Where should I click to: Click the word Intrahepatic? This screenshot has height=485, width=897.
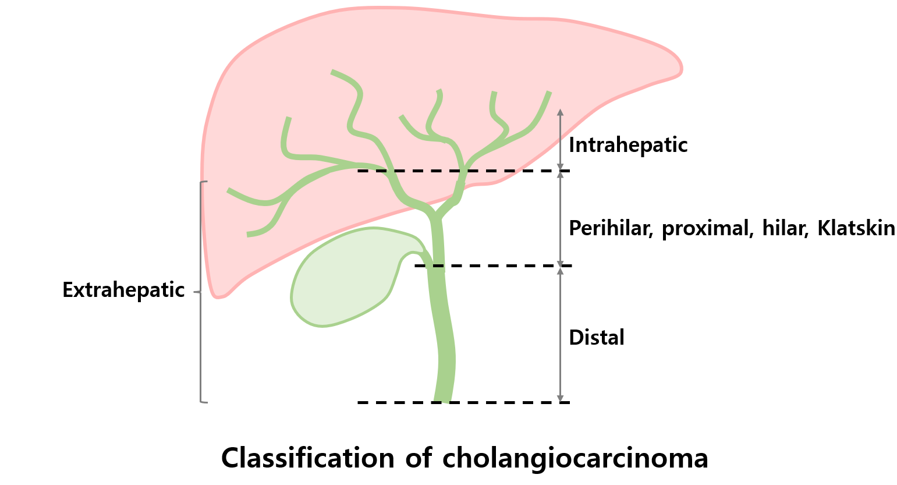click(628, 145)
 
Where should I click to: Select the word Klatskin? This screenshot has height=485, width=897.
click(856, 228)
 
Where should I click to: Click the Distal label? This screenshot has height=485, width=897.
click(596, 338)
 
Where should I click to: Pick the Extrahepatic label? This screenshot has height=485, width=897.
click(123, 290)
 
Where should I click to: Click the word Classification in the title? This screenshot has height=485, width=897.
click(307, 458)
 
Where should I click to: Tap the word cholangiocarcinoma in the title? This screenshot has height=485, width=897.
click(575, 458)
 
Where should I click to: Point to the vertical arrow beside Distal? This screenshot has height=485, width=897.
click(560, 334)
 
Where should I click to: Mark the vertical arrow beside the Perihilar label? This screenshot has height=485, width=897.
click(560, 218)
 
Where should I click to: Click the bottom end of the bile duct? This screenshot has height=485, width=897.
click(442, 398)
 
